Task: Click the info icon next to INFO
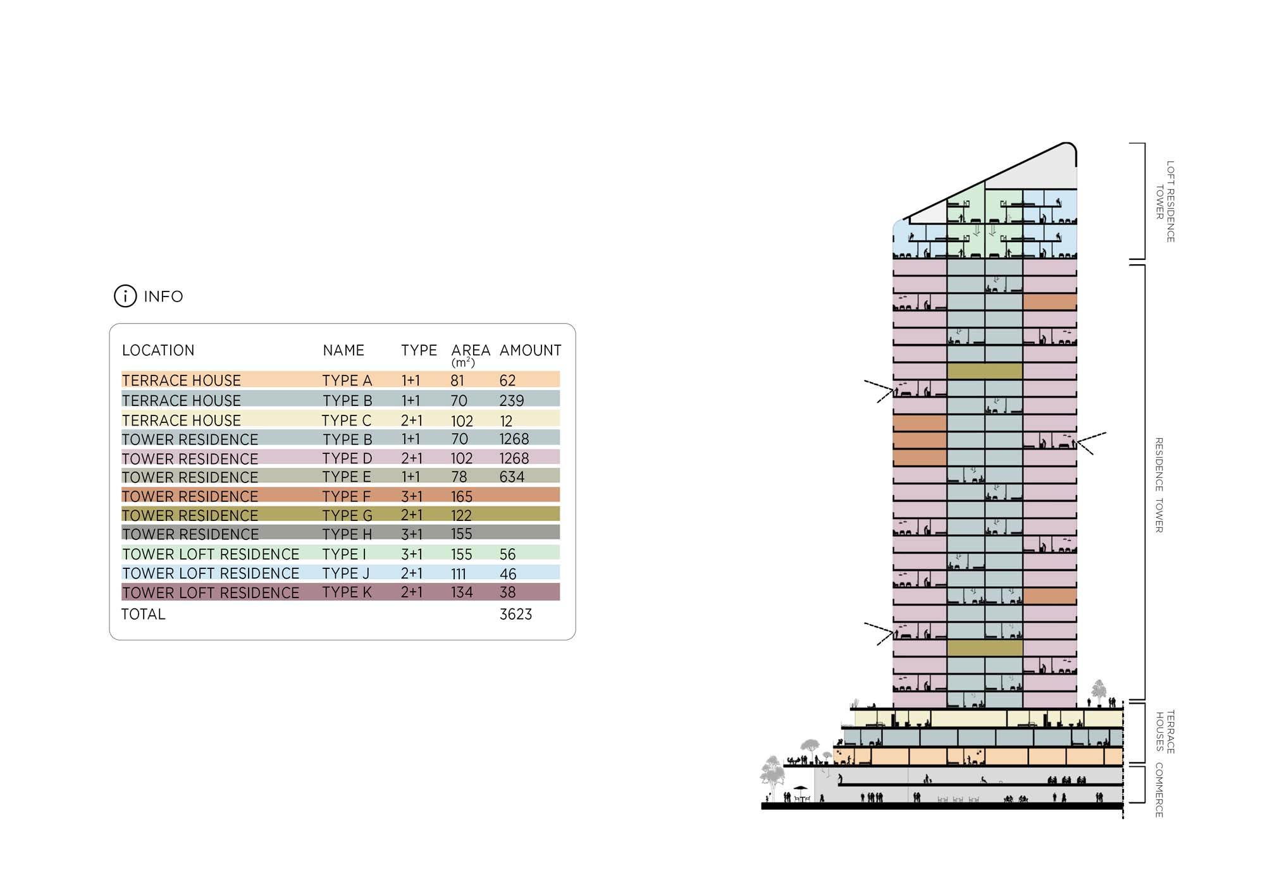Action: [x=125, y=296]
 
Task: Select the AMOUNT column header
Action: [x=530, y=350]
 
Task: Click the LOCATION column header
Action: [x=158, y=350]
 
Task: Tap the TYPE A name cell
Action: [x=347, y=380]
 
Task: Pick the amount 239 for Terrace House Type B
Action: [x=511, y=400]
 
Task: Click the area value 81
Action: [x=457, y=380]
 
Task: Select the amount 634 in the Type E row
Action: [x=512, y=477]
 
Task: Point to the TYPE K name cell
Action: [x=347, y=592]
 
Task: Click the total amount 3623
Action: [x=515, y=614]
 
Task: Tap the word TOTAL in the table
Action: [x=144, y=614]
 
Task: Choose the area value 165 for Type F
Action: [x=462, y=496]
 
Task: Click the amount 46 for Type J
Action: [x=508, y=573]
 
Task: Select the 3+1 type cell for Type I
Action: [x=411, y=554]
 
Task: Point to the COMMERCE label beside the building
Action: [x=1159, y=790]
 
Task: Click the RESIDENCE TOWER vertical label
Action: [x=1159, y=485]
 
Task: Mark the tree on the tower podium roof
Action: [x=1099, y=690]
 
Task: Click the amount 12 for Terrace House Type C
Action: [x=506, y=420]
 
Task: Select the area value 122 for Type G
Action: [x=461, y=515]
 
